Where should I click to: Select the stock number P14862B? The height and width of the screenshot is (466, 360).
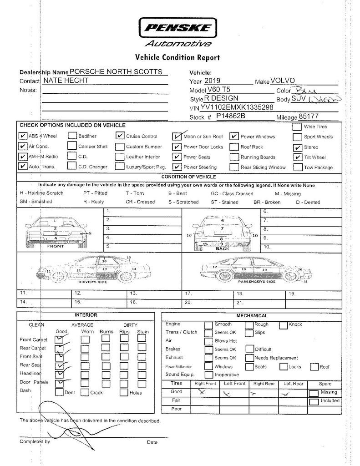click(230, 116)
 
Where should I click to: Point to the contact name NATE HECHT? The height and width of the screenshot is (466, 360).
click(66, 81)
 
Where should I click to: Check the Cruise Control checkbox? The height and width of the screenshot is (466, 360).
click(120, 136)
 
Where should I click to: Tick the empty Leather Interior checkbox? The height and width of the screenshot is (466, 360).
click(120, 157)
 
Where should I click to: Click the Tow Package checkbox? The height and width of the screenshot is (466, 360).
click(297, 167)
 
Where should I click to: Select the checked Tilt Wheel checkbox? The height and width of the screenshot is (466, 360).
click(297, 157)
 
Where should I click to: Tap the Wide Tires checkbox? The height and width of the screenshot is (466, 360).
click(297, 127)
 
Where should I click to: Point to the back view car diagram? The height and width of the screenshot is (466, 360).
click(222, 231)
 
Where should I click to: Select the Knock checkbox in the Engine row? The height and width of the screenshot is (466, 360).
click(283, 325)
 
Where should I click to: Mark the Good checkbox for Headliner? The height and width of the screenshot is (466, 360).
click(59, 374)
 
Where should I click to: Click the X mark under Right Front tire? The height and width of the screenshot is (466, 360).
click(202, 391)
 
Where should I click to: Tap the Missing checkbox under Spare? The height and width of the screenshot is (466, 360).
click(314, 393)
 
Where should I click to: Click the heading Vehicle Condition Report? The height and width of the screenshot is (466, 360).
click(177, 57)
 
